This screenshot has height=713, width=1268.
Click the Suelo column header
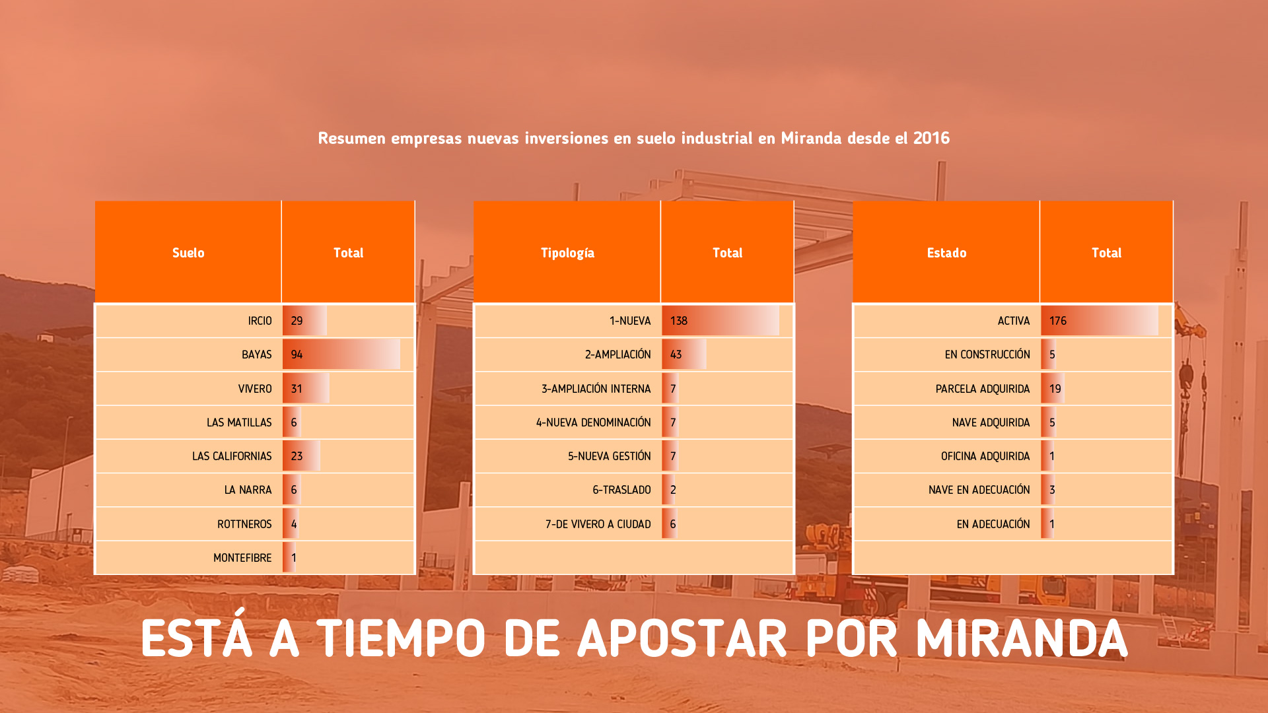click(x=188, y=253)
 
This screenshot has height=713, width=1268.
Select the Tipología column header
click(x=567, y=253)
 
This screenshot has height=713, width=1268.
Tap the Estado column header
click(x=946, y=253)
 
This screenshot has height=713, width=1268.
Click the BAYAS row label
click(x=257, y=355)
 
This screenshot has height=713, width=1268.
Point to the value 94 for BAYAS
click(x=297, y=355)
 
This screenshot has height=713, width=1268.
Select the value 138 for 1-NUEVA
click(x=679, y=321)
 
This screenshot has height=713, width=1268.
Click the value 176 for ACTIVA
click(x=1058, y=321)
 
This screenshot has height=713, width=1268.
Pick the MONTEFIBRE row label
click(x=242, y=558)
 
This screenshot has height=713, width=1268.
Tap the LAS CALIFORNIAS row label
click(x=232, y=456)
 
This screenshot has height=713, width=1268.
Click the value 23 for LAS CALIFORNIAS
click(x=297, y=456)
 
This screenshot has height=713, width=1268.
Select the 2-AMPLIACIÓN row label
click(x=618, y=355)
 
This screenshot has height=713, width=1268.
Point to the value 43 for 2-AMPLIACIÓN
click(x=676, y=355)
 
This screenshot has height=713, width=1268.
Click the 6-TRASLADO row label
click(x=621, y=490)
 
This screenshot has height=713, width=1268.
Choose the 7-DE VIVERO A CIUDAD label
click(x=598, y=524)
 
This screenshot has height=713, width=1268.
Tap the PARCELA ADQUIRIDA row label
click(x=983, y=389)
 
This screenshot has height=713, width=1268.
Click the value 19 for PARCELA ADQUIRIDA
click(x=1055, y=389)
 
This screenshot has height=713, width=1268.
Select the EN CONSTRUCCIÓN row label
click(x=987, y=355)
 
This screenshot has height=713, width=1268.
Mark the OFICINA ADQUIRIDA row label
click(x=985, y=456)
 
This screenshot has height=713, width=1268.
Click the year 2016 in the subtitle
click(x=931, y=138)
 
